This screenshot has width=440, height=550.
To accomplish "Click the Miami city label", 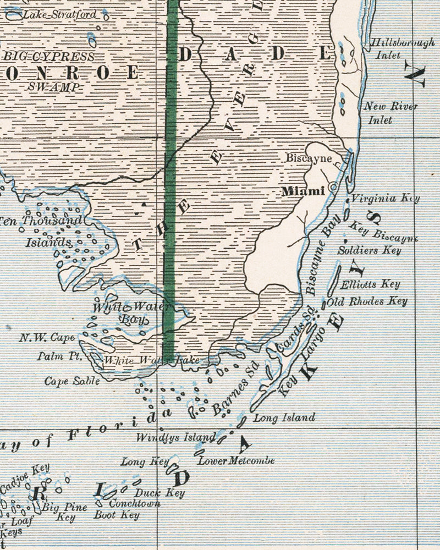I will pos(302,191).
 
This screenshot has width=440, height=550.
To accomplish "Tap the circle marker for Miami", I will pos(333,188).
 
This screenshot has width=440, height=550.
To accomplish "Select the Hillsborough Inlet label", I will pos(394,49).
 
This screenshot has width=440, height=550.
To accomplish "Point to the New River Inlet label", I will pos(391,113).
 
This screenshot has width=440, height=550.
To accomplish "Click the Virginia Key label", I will pos(385,199).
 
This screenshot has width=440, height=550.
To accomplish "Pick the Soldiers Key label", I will pos(370,250).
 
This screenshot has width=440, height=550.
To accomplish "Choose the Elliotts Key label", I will pos(370,284).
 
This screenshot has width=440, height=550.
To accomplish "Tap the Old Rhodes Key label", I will pos(367,301).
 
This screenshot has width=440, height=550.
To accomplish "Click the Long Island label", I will pos(284,418).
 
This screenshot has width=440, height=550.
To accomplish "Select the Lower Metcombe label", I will pos(236,460).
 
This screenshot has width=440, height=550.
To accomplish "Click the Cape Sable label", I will pos(73,381).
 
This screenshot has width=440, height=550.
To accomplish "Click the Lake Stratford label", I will pos(59,14).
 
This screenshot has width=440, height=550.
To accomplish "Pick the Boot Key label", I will pos(117,515).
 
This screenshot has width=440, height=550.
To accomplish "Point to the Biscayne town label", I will pos(309,158).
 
